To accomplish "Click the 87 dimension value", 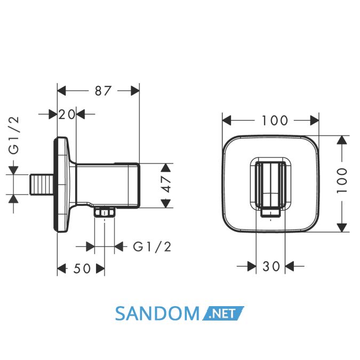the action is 103,91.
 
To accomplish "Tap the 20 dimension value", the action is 67,114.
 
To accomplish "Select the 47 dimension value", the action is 166,185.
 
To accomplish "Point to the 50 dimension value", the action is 82,268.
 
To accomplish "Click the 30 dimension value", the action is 271,266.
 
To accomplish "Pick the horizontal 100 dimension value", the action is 275,121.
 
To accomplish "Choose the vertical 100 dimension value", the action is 342,180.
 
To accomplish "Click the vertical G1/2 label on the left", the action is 14,135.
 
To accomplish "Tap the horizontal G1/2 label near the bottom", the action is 152,247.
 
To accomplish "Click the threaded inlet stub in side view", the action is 42,185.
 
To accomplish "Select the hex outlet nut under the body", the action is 104,212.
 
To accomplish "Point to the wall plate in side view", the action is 61,185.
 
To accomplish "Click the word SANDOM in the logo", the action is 157,314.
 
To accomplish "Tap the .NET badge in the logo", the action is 223,314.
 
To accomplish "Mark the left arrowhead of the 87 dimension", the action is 61,91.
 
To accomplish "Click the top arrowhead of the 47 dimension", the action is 166,167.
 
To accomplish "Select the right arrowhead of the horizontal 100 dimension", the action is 314,121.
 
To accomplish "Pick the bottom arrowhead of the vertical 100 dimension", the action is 342,228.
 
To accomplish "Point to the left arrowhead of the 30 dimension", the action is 252,266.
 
